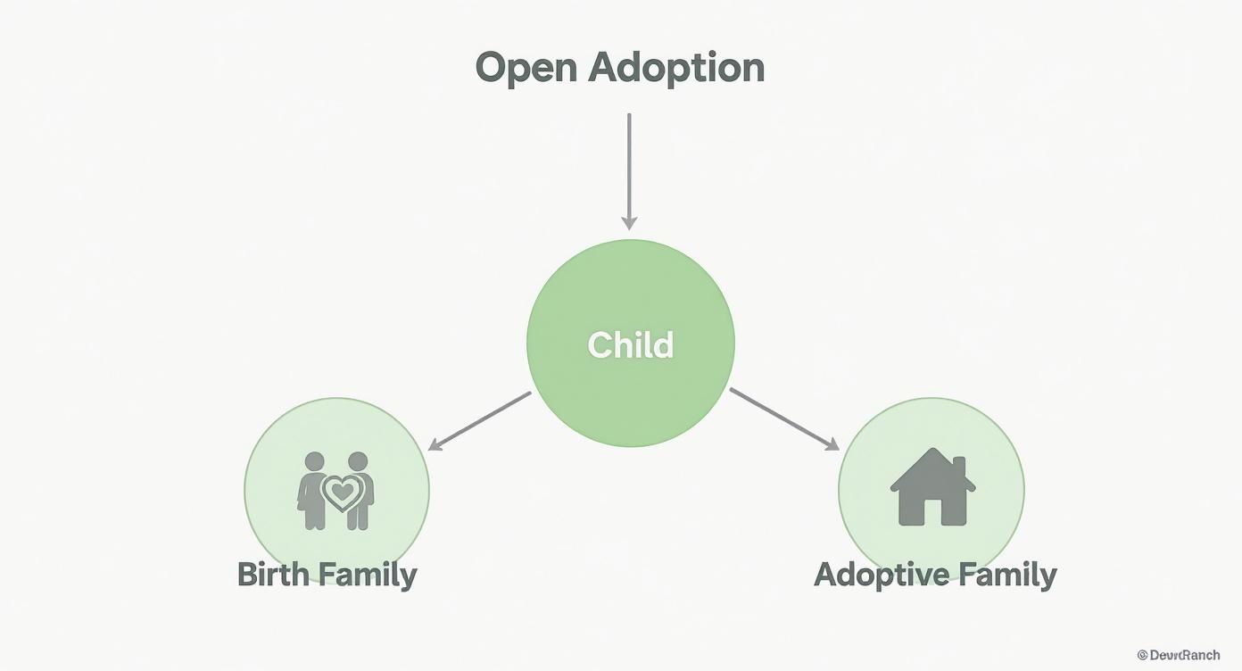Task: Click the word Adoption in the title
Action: tap(675, 68)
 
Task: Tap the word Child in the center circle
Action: tap(630, 344)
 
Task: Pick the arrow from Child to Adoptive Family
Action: tap(783, 418)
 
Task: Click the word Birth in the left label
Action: tap(274, 574)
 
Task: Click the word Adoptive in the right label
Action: tap(886, 574)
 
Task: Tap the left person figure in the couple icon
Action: tap(312, 491)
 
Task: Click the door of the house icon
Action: tap(931, 512)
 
